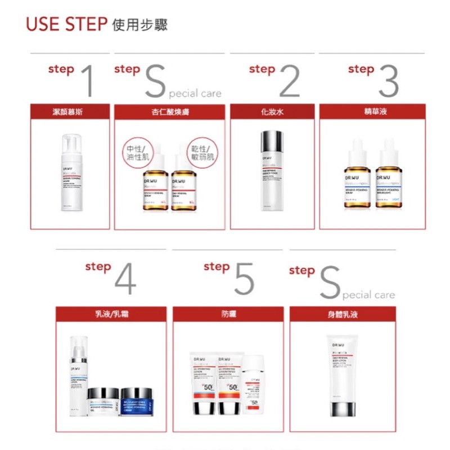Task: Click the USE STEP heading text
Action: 66,25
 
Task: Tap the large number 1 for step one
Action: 87,80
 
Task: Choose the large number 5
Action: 243,278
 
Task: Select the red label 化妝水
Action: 272,111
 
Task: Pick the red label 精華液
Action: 372,111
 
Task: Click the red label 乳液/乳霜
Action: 111,314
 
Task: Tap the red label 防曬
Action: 228,314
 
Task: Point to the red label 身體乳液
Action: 343,314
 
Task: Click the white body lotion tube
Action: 342,374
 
